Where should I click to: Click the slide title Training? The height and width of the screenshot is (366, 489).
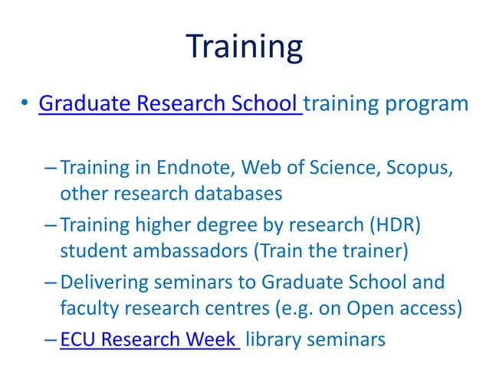(x=244, y=47)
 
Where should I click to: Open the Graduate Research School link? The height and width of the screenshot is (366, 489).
(x=169, y=103)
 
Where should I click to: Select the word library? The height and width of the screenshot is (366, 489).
(x=272, y=338)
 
